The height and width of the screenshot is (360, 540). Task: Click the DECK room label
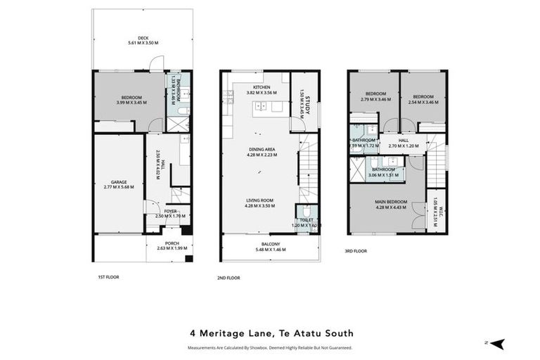click(143, 38)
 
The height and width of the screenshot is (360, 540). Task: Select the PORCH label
click(172, 243)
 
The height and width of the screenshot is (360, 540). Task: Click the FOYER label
click(171, 210)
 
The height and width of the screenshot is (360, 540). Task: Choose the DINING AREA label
click(262, 149)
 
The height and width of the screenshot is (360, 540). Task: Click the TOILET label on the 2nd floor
click(306, 220)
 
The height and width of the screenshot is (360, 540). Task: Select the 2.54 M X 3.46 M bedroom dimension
click(423, 102)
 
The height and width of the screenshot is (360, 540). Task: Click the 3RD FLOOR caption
click(356, 250)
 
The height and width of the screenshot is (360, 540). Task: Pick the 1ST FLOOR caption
click(108, 277)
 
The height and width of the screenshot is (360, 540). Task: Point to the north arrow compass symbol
click(497, 344)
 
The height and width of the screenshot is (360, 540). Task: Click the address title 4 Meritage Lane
click(271, 333)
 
